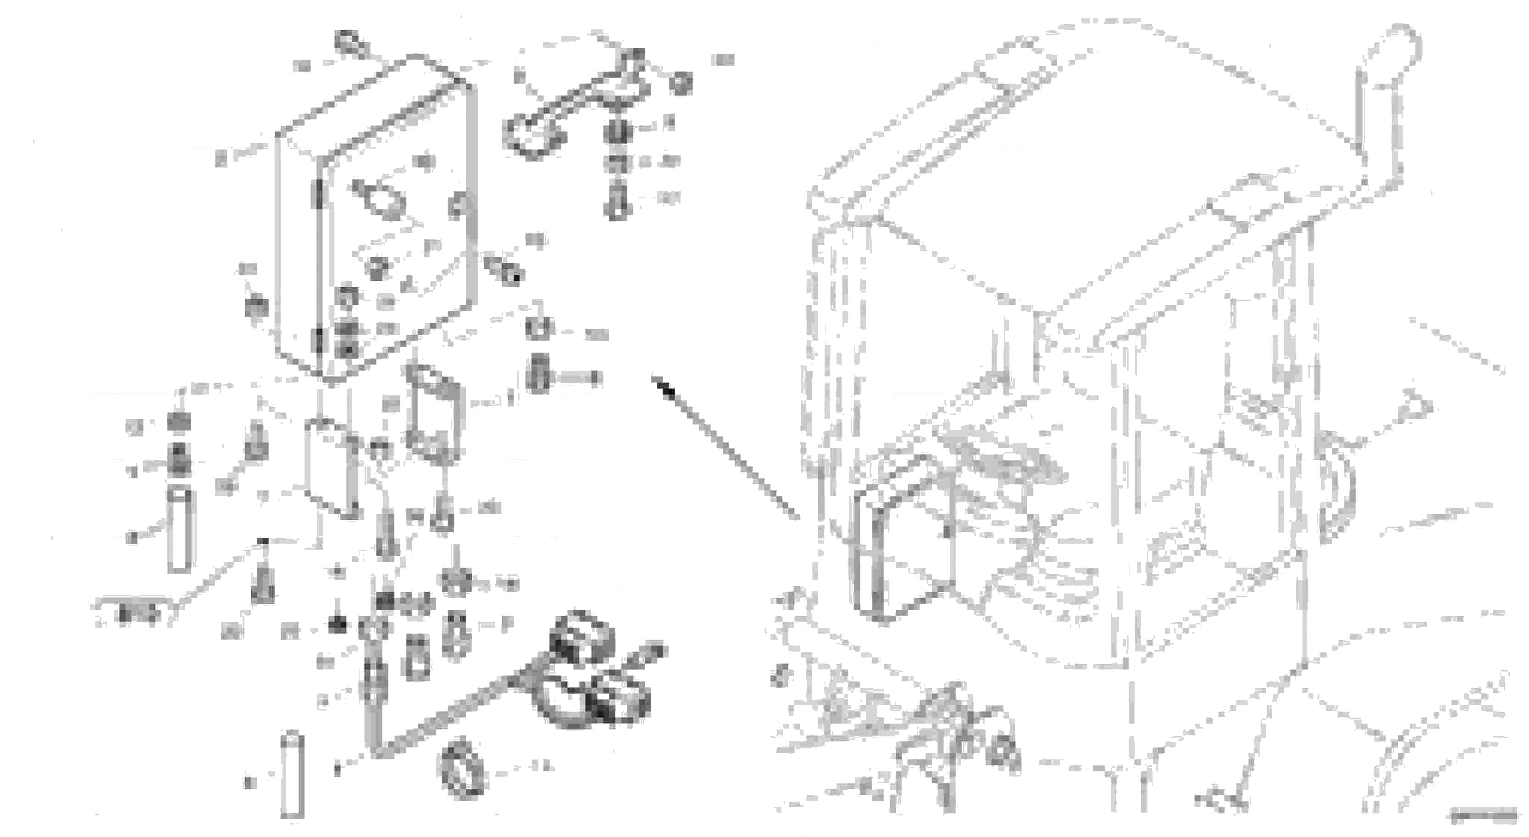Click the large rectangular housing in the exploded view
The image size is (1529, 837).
[x=380, y=220]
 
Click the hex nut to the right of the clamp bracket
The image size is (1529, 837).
[x=680, y=83]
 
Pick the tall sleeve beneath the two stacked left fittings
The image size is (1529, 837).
[x=179, y=529]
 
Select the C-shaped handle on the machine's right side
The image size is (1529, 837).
[x=1335, y=493]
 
